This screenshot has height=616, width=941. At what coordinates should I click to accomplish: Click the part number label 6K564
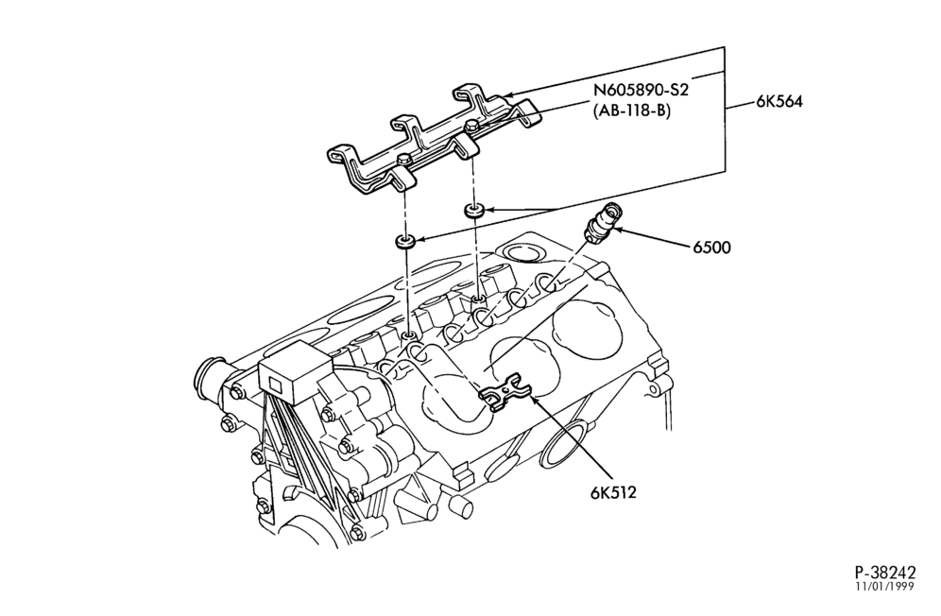(778, 101)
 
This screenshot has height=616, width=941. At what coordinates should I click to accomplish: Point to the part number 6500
(712, 247)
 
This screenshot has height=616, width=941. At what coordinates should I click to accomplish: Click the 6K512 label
(613, 493)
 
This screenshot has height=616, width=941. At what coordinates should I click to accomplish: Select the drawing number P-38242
(885, 571)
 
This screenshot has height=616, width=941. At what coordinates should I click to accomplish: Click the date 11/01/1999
(885, 587)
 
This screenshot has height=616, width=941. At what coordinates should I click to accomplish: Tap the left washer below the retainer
(405, 242)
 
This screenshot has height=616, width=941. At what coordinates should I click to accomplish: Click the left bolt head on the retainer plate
(404, 159)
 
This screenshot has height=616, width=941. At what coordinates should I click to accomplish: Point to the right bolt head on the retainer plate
(471, 125)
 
